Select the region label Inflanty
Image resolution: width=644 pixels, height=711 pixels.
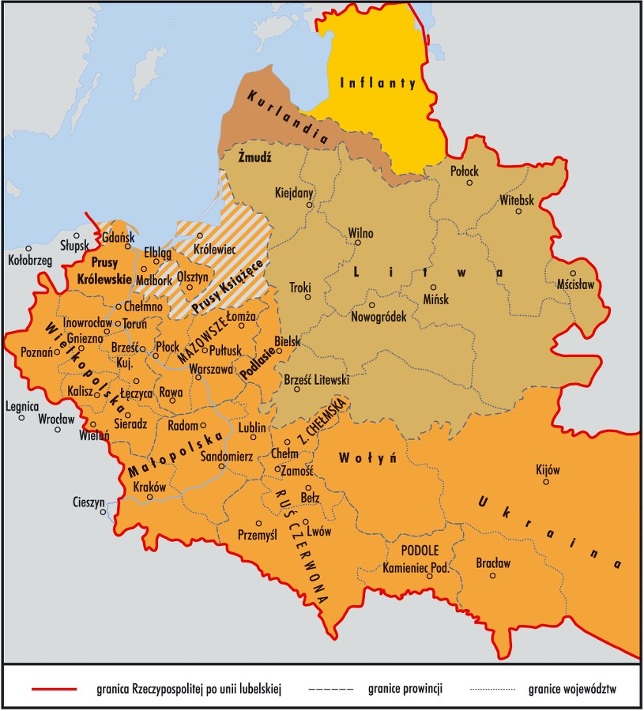point(377,82)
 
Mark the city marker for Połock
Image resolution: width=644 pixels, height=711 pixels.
point(469,182)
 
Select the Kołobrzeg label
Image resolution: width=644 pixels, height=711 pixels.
point(29,259)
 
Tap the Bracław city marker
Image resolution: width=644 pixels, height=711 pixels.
point(493,575)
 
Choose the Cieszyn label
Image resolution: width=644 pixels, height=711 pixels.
point(89,500)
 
